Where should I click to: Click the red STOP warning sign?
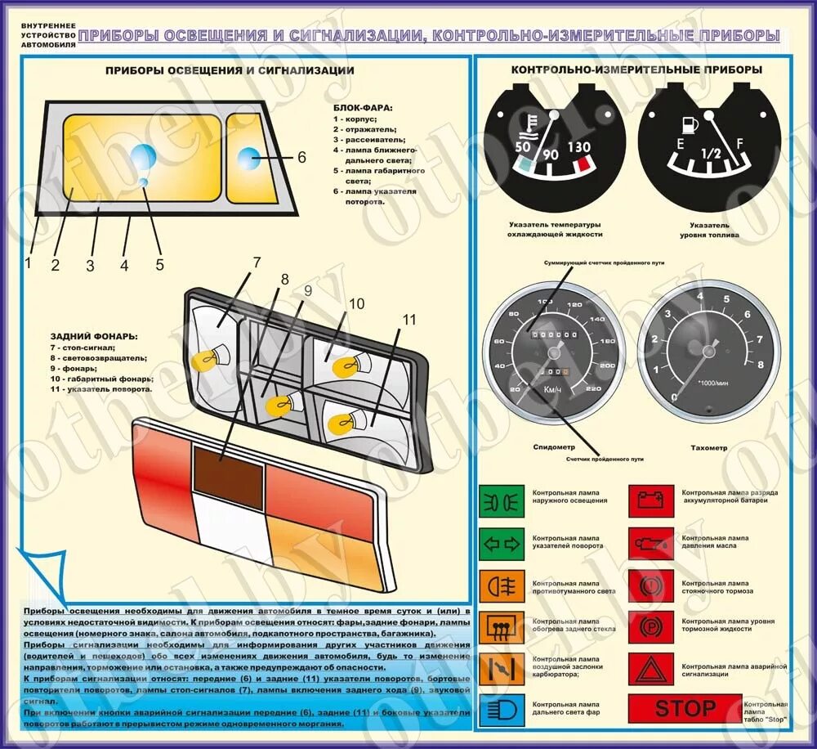[685, 709]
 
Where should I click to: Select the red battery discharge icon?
[651, 499]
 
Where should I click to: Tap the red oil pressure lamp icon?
[651, 542]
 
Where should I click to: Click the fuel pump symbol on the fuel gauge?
[686, 125]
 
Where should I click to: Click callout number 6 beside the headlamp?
[301, 157]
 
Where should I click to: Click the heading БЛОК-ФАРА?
[364, 107]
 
